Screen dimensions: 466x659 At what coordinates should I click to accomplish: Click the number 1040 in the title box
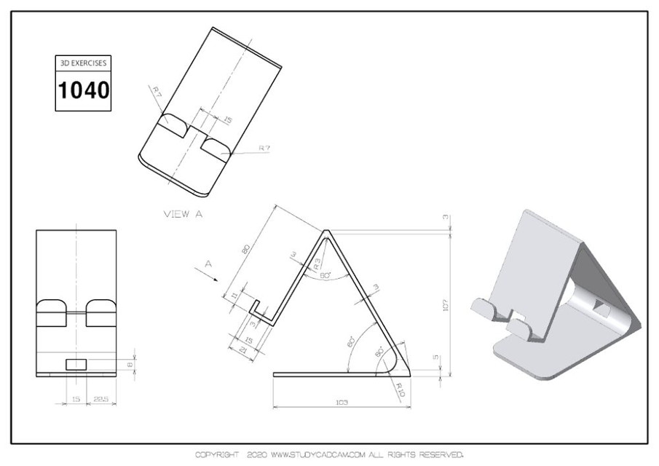pyautogui.click(x=83, y=90)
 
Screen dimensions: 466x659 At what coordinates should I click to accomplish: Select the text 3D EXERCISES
pyautogui.click(x=83, y=63)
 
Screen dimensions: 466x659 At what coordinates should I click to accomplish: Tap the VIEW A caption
pyautogui.click(x=183, y=213)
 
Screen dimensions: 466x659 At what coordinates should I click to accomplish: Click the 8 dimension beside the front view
pyautogui.click(x=130, y=364)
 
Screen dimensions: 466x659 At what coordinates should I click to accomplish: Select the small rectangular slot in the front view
pyautogui.click(x=76, y=363)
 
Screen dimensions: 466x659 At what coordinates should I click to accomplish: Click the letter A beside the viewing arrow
pyautogui.click(x=208, y=265)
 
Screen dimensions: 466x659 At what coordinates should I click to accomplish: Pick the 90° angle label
pyautogui.click(x=379, y=352)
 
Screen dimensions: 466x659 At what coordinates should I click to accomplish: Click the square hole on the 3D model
pyautogui.click(x=601, y=309)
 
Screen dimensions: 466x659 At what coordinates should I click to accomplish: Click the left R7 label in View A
pyautogui.click(x=157, y=91)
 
